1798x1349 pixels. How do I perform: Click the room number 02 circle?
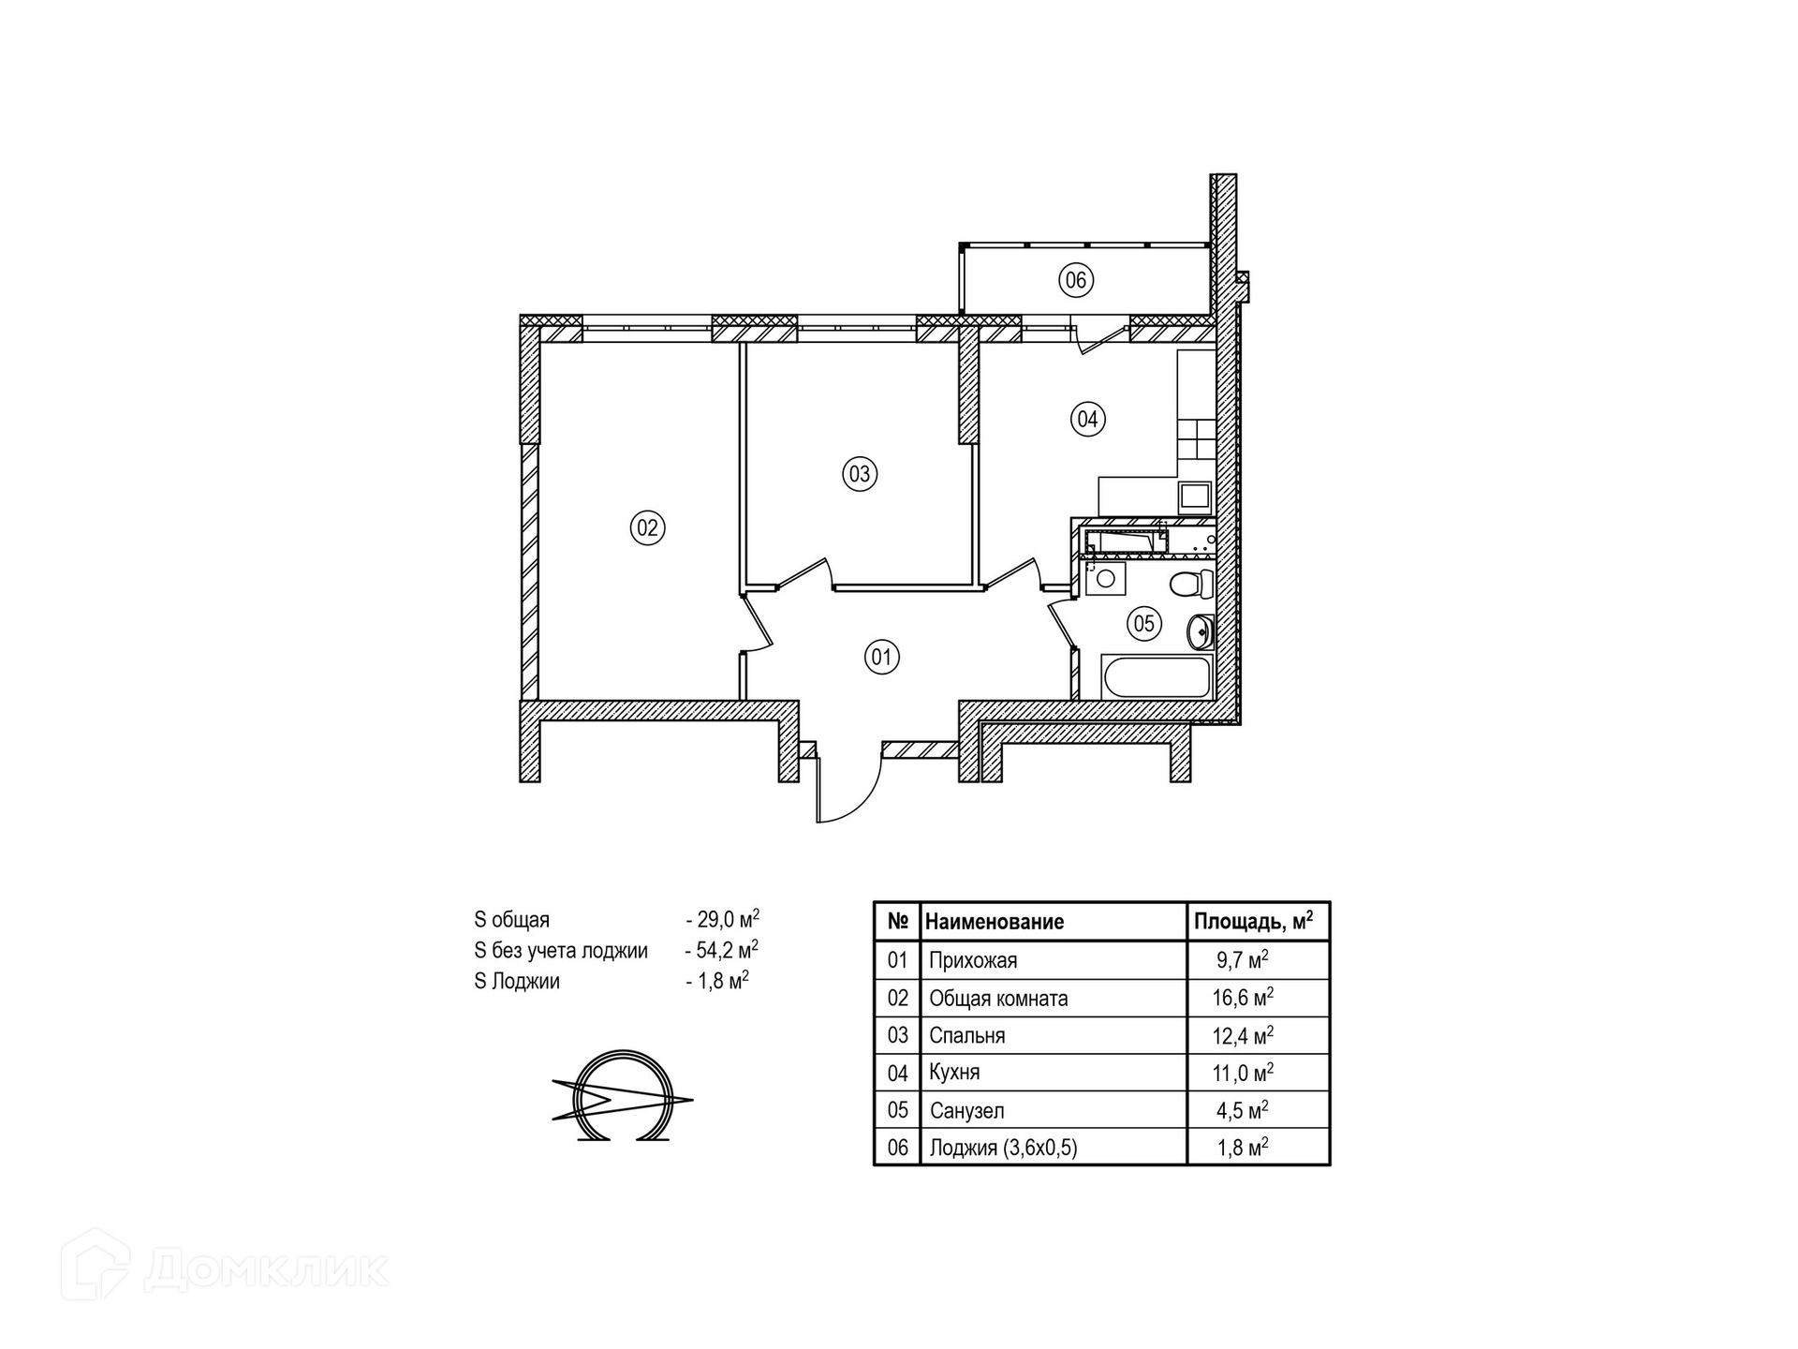click(647, 527)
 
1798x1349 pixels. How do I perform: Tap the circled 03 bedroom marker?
click(859, 473)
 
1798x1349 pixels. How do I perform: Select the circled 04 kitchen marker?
click(1087, 419)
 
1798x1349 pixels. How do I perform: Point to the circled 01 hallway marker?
click(881, 657)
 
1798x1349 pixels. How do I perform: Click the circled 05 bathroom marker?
click(1144, 623)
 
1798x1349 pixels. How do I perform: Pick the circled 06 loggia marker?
click(1076, 279)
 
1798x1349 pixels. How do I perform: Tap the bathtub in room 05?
click(1157, 676)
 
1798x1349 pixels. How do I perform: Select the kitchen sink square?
click(1195, 495)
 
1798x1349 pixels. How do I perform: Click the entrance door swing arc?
click(866, 799)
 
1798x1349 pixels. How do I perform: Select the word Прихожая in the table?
click(973, 960)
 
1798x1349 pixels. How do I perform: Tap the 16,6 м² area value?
click(1243, 998)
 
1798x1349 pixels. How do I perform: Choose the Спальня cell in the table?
click(967, 1035)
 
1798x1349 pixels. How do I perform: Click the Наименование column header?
click(995, 922)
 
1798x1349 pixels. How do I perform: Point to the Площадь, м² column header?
click(1253, 922)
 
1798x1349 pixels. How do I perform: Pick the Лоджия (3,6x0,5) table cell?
click(1003, 1148)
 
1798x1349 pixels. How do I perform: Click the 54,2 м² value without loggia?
click(727, 950)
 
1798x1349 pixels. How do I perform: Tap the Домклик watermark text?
click(267, 1270)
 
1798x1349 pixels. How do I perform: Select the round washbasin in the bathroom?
click(1200, 632)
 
